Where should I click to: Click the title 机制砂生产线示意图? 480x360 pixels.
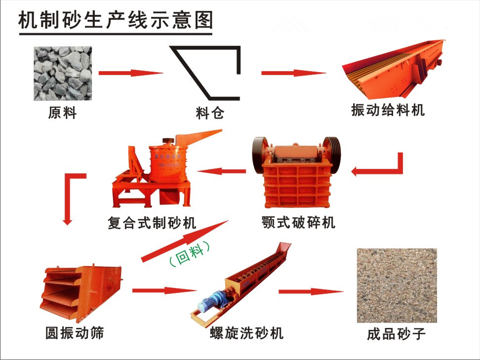point(116,21)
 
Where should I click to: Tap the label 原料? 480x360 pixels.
point(62,113)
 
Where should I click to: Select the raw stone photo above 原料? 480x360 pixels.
point(63,74)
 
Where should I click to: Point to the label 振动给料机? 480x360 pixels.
point(388,110)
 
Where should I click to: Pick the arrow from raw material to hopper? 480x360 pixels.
point(131,73)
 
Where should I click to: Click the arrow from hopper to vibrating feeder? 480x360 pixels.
point(293,73)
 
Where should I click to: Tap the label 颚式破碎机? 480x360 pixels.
point(298,222)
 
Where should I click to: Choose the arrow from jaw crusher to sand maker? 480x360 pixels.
point(222,171)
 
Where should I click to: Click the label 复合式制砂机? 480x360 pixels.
point(152,223)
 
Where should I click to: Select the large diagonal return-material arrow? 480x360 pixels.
point(185,241)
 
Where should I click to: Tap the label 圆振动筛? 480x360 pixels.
point(75,333)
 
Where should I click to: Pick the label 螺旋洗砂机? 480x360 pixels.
point(247,333)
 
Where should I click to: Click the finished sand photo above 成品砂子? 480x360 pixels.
point(397,285)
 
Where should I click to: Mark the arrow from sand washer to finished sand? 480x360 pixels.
point(311,291)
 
